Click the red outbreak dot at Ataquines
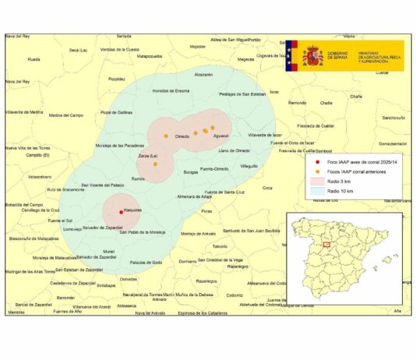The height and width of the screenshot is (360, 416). [x=121, y=211]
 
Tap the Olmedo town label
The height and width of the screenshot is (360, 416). [x=182, y=136]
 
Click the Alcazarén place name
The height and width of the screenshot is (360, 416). [x=203, y=75]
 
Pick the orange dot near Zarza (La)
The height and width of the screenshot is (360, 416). [x=155, y=164]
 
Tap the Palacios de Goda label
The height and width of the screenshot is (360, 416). [x=146, y=262]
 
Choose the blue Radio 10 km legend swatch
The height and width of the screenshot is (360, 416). [x=318, y=189]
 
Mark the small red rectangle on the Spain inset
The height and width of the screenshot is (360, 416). [x=326, y=245]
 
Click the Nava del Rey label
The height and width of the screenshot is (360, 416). [x=17, y=36]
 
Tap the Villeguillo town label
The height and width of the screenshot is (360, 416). [x=249, y=166]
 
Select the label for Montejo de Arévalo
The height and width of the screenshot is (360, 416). [x=198, y=234]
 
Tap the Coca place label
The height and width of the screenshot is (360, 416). [x=267, y=187]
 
